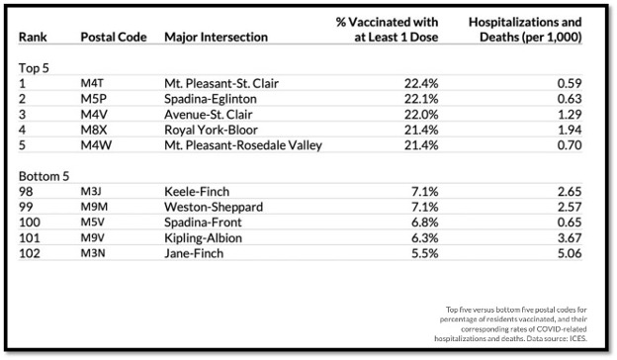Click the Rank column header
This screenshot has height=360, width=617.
[x=33, y=37]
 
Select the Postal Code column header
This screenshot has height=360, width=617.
[x=114, y=37]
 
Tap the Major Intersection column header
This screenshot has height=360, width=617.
[x=216, y=37]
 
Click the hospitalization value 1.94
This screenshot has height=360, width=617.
[x=569, y=131]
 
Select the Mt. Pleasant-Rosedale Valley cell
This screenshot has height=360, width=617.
[x=242, y=146]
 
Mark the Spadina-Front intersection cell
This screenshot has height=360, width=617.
[x=205, y=223]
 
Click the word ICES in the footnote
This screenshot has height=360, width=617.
[x=571, y=338]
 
